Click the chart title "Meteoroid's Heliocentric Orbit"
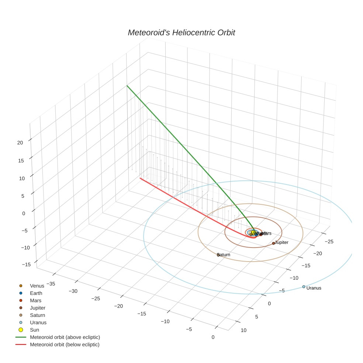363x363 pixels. (181, 32)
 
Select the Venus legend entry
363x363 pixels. (37, 286)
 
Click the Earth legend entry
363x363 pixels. (36, 293)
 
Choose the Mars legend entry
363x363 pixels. (35, 301)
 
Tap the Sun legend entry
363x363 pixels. (34, 330)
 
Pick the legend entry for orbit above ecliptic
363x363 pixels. (65, 337)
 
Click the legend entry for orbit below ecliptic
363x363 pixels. (65, 345)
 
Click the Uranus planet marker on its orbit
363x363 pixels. (304, 287)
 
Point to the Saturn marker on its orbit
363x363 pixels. (218, 255)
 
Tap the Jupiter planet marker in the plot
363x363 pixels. (273, 243)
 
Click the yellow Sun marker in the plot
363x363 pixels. (253, 232)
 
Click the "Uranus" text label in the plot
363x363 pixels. (314, 288)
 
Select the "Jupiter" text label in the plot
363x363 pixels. (281, 242)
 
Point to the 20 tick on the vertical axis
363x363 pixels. (20, 142)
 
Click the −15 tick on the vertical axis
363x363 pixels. (26, 265)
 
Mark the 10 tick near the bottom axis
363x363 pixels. (243, 330)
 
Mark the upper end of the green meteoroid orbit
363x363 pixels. (127, 86)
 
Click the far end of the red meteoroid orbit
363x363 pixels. (140, 178)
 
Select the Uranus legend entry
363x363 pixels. (38, 322)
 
